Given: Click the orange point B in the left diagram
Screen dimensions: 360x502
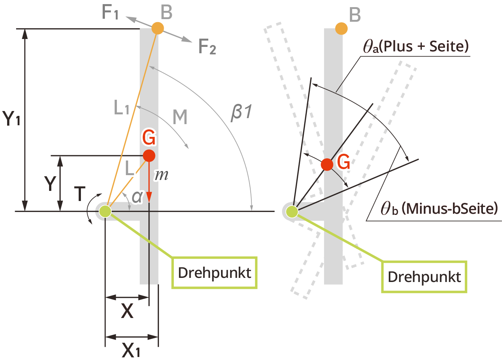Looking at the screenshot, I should tap(158, 28).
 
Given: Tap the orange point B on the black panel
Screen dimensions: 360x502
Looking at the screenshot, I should tap(341, 28).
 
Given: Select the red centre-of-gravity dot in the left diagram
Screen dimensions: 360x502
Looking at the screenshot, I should tap(149, 155).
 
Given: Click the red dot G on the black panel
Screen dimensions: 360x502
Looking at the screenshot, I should tap(327, 164).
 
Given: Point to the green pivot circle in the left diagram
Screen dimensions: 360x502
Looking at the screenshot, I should tap(105, 211).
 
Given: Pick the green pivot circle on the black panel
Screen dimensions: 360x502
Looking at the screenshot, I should tap(292, 211).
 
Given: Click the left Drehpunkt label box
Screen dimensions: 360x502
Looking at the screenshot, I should tap(214, 273).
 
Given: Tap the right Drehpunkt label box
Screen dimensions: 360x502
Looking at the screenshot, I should tap(424, 277).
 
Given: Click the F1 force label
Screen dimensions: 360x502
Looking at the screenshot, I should tap(110, 12).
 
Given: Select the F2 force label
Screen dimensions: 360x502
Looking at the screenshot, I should tap(207, 47).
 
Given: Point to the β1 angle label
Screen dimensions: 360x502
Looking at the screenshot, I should tap(242, 112).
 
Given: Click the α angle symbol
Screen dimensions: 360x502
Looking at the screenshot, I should tap(137, 196).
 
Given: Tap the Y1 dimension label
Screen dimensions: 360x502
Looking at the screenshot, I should tap(12, 118).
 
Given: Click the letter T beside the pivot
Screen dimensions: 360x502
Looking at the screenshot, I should tap(80, 194).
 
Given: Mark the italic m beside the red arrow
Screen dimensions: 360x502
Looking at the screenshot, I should tap(161, 175).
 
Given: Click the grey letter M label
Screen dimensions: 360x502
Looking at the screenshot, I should tap(180, 117).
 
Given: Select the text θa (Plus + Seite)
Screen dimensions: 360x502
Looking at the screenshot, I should tap(416, 46).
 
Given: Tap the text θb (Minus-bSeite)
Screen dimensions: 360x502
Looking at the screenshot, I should tap(439, 208).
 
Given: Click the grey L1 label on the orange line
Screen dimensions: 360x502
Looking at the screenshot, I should tap(121, 108).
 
